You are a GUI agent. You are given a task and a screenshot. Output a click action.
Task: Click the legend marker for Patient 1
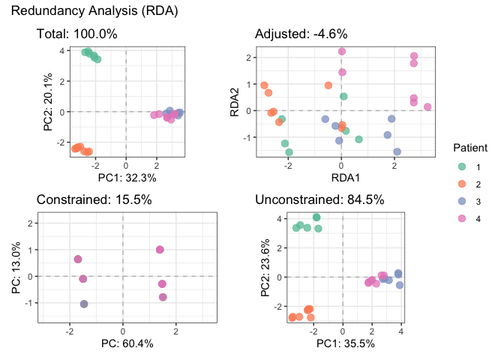459,166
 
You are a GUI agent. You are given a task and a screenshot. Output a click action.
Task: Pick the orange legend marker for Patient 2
459,183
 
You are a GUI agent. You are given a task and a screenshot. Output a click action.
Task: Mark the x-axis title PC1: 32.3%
126,178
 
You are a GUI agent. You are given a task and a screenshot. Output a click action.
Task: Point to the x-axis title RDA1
342,178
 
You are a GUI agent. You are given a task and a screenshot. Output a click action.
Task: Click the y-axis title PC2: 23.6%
265,267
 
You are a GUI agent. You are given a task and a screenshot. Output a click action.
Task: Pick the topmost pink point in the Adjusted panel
342,52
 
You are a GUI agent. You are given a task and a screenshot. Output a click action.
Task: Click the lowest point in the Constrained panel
84,304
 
